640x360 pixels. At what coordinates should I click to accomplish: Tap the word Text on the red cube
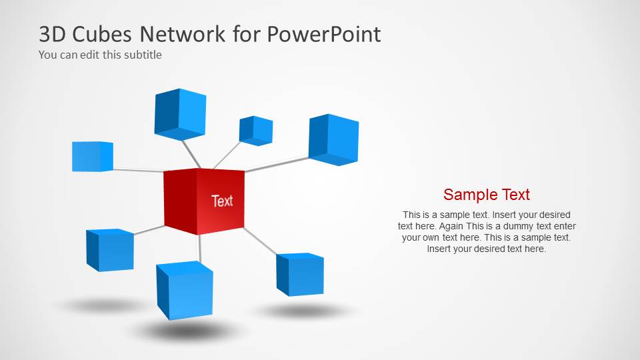coord(222,201)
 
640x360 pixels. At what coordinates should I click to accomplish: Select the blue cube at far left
coord(92,157)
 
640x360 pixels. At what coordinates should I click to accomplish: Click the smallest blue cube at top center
coord(256,131)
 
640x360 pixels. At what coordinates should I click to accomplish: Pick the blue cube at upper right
coord(333,139)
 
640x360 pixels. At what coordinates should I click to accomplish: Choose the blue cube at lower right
coord(300,274)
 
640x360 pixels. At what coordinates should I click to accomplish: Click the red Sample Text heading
coord(486,195)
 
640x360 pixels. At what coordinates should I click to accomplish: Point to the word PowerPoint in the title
coord(325,34)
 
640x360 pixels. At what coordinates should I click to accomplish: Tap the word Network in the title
coord(180,34)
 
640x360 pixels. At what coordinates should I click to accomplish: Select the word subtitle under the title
coord(141,55)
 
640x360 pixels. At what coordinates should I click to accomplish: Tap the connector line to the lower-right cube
coord(260,241)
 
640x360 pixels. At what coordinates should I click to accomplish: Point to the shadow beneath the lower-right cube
coord(303,311)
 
